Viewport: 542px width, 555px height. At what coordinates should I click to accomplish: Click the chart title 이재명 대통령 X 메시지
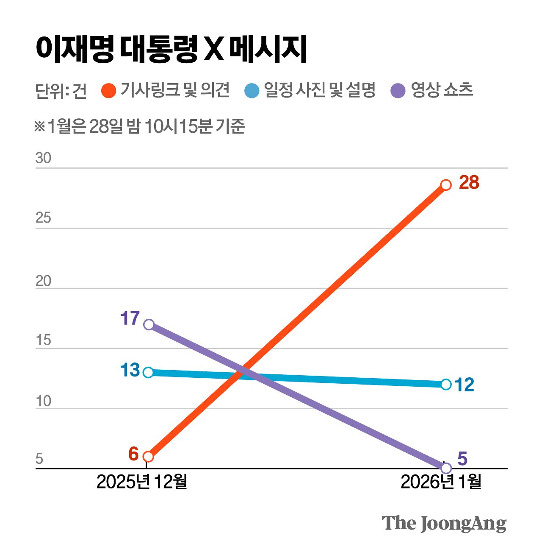point(171,49)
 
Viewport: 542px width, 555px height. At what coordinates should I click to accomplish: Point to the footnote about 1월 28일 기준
point(140,126)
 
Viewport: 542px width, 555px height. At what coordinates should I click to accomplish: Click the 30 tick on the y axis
point(43,158)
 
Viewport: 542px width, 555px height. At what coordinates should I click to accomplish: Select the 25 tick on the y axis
point(43,218)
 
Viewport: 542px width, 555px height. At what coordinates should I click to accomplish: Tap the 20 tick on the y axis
point(43,281)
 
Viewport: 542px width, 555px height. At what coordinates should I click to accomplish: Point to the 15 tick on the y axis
point(43,340)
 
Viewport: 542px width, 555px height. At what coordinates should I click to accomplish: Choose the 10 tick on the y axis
point(43,401)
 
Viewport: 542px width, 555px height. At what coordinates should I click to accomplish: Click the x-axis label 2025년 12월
point(142,482)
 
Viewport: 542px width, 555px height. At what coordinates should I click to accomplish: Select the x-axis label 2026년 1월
point(441,482)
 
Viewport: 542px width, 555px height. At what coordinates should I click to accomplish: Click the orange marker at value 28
point(446,185)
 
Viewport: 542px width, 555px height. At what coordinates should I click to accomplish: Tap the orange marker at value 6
point(148,457)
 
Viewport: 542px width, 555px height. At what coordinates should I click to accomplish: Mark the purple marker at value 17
point(149,325)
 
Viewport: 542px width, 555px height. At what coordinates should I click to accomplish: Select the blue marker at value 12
point(446,385)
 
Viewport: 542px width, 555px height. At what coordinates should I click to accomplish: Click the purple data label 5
point(462,459)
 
